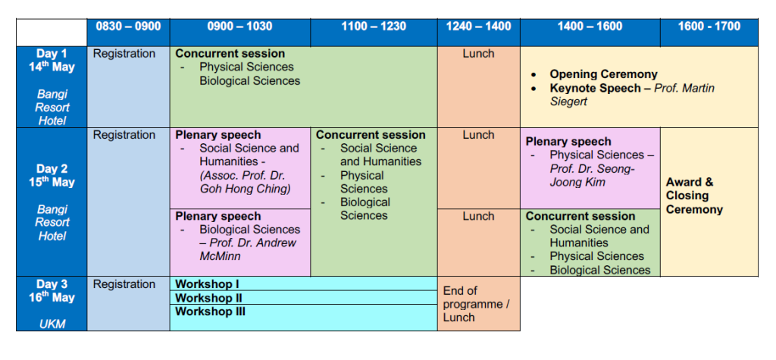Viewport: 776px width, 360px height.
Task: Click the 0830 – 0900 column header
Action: click(128, 27)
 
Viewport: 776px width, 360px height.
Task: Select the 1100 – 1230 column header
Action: click(374, 27)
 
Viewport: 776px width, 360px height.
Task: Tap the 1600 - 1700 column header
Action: click(709, 27)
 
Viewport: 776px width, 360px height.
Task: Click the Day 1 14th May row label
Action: click(52, 61)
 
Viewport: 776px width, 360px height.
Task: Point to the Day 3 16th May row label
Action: click(52, 291)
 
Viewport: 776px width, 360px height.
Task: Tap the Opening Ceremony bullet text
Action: click(603, 75)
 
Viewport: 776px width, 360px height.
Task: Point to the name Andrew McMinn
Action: click(248, 249)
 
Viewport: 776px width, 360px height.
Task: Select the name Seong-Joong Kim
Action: click(592, 175)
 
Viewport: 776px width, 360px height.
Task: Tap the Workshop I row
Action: click(303, 284)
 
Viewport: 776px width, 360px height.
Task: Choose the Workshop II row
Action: click(303, 298)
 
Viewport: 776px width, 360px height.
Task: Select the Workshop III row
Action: click(303, 318)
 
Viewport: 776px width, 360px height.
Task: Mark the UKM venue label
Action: click(52, 324)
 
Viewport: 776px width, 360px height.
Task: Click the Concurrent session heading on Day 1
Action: click(230, 54)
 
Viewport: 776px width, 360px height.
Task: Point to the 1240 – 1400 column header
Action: click(479, 27)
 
